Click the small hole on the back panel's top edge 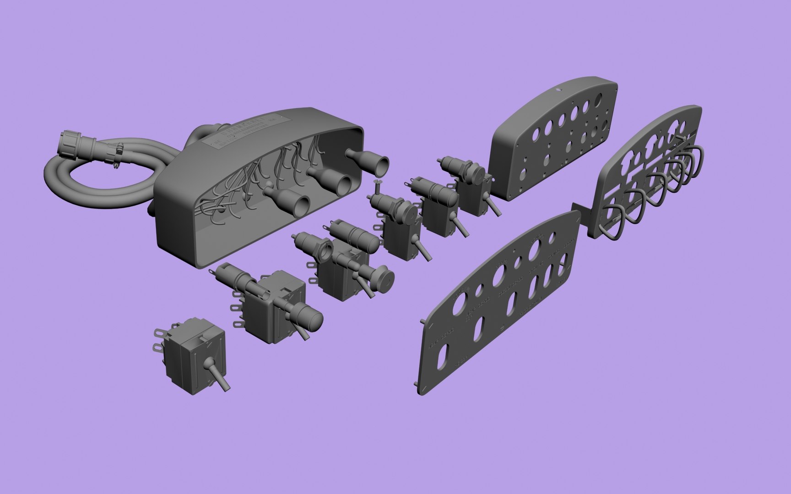tap(558, 90)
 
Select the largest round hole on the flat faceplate tap(535, 250)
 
